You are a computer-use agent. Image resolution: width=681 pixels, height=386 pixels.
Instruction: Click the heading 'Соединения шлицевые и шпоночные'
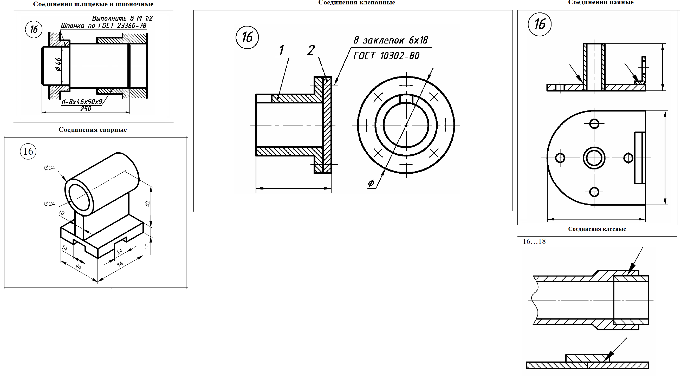[93, 4]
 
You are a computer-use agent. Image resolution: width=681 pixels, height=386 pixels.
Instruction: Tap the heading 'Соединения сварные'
[93, 130]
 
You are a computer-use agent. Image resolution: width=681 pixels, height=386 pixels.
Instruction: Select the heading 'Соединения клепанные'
[357, 2]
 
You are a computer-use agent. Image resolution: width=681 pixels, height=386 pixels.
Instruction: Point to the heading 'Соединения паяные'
[601, 2]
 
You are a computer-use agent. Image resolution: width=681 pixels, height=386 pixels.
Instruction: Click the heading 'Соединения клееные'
[597, 229]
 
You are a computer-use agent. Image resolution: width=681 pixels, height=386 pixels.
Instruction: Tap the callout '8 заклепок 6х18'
[391, 40]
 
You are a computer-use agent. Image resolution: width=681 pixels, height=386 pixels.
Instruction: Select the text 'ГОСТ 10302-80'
[386, 56]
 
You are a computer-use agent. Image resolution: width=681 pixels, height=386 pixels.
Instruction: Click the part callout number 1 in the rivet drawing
[281, 50]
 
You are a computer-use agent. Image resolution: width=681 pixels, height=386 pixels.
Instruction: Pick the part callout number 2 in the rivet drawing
[311, 50]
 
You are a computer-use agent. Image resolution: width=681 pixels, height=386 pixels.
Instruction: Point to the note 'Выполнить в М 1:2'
[122, 18]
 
